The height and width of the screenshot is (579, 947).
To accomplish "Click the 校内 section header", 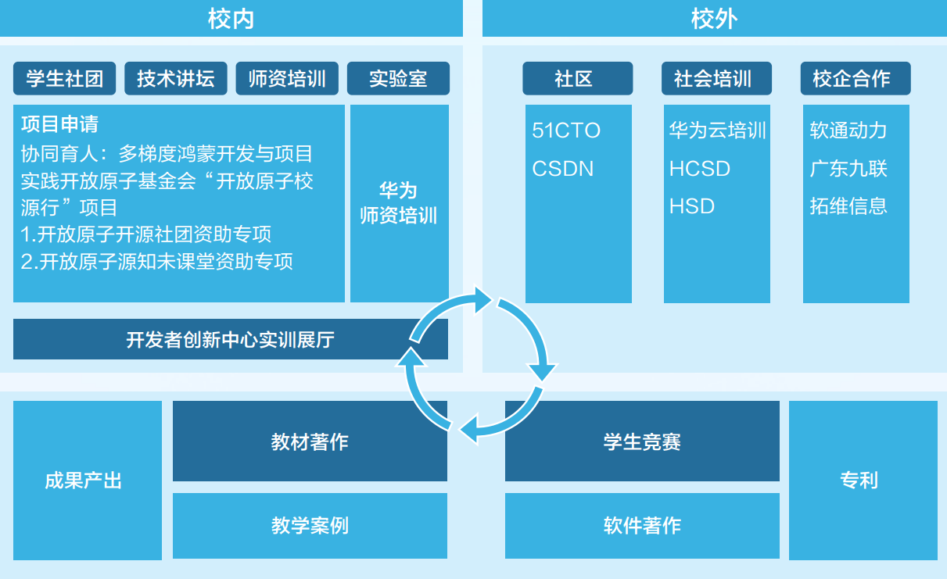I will [x=231, y=19].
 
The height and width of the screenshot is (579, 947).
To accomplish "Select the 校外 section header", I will [x=714, y=19].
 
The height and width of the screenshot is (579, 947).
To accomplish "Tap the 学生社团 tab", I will [x=65, y=79].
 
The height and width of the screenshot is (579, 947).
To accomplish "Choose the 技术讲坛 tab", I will [x=176, y=79].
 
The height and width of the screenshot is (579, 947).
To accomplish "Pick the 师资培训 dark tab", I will [x=287, y=79].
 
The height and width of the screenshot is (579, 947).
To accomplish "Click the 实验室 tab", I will [x=398, y=79].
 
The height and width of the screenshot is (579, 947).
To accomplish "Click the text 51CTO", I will [x=566, y=130].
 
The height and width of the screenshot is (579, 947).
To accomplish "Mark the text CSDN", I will [x=563, y=169].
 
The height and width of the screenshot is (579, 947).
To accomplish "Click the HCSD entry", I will [x=700, y=169].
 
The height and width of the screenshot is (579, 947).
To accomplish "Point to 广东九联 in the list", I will [x=848, y=169].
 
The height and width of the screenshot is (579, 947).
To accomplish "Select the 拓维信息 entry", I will [x=848, y=206].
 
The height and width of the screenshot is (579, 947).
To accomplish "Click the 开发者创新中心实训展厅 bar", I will [x=230, y=340].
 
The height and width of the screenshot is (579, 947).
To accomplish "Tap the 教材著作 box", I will [x=310, y=442].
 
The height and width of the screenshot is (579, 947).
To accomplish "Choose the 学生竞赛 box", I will [x=642, y=442].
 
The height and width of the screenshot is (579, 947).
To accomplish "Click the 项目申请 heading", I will [x=59, y=124].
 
